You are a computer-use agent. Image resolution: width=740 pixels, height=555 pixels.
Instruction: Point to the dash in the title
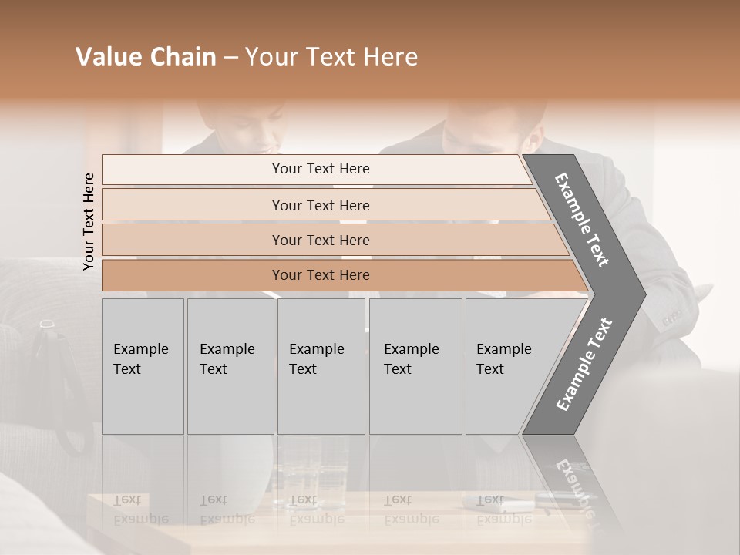pos(230,58)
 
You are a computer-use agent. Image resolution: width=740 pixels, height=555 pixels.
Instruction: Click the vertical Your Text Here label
pos(89,221)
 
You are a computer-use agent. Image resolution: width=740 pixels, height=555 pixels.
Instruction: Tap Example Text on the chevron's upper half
pos(582,220)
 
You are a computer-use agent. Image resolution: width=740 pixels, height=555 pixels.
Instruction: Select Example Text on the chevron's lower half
pos(584,365)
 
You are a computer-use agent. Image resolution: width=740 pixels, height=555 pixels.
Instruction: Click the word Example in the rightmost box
pos(504,349)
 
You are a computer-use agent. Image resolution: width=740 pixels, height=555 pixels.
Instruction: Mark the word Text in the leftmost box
pos(127,369)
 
